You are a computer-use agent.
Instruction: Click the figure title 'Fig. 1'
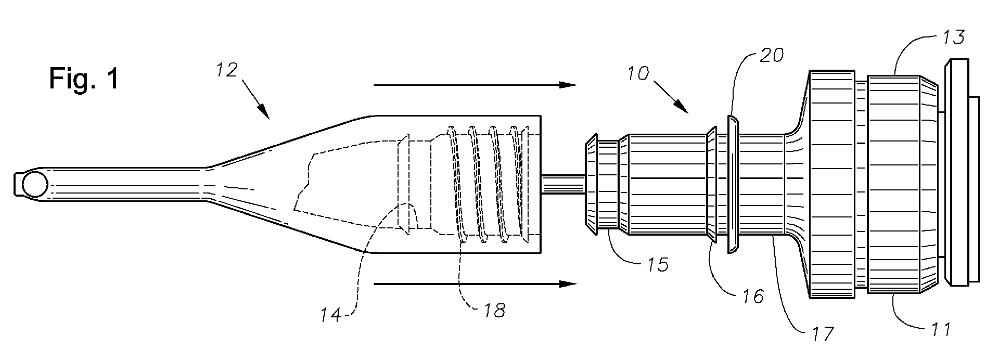[x=84, y=80]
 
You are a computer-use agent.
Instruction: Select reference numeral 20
[x=771, y=55]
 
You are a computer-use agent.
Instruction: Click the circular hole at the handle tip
[x=35, y=185]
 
